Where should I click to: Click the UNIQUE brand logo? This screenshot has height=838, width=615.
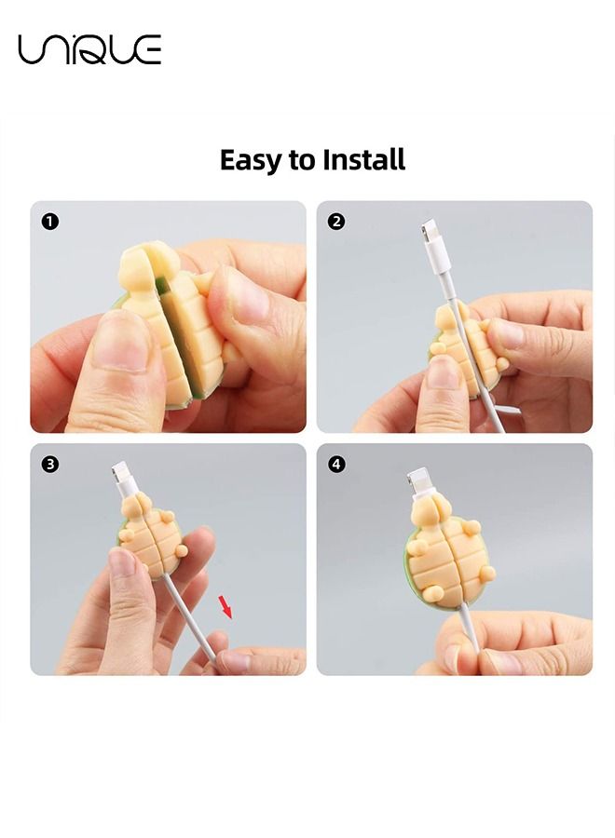click(x=89, y=49)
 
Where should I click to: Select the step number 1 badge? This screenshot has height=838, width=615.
click(x=49, y=222)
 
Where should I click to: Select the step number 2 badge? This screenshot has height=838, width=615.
click(x=336, y=222)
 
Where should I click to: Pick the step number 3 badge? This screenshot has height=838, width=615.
click(x=49, y=464)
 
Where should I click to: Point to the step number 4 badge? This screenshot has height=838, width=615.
click(x=336, y=464)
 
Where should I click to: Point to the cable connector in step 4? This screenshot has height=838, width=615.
click(x=421, y=483)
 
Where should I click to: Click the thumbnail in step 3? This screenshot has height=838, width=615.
click(x=122, y=562)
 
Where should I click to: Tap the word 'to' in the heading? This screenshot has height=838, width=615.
click(x=302, y=160)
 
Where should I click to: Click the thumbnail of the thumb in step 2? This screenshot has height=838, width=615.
click(x=444, y=372)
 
